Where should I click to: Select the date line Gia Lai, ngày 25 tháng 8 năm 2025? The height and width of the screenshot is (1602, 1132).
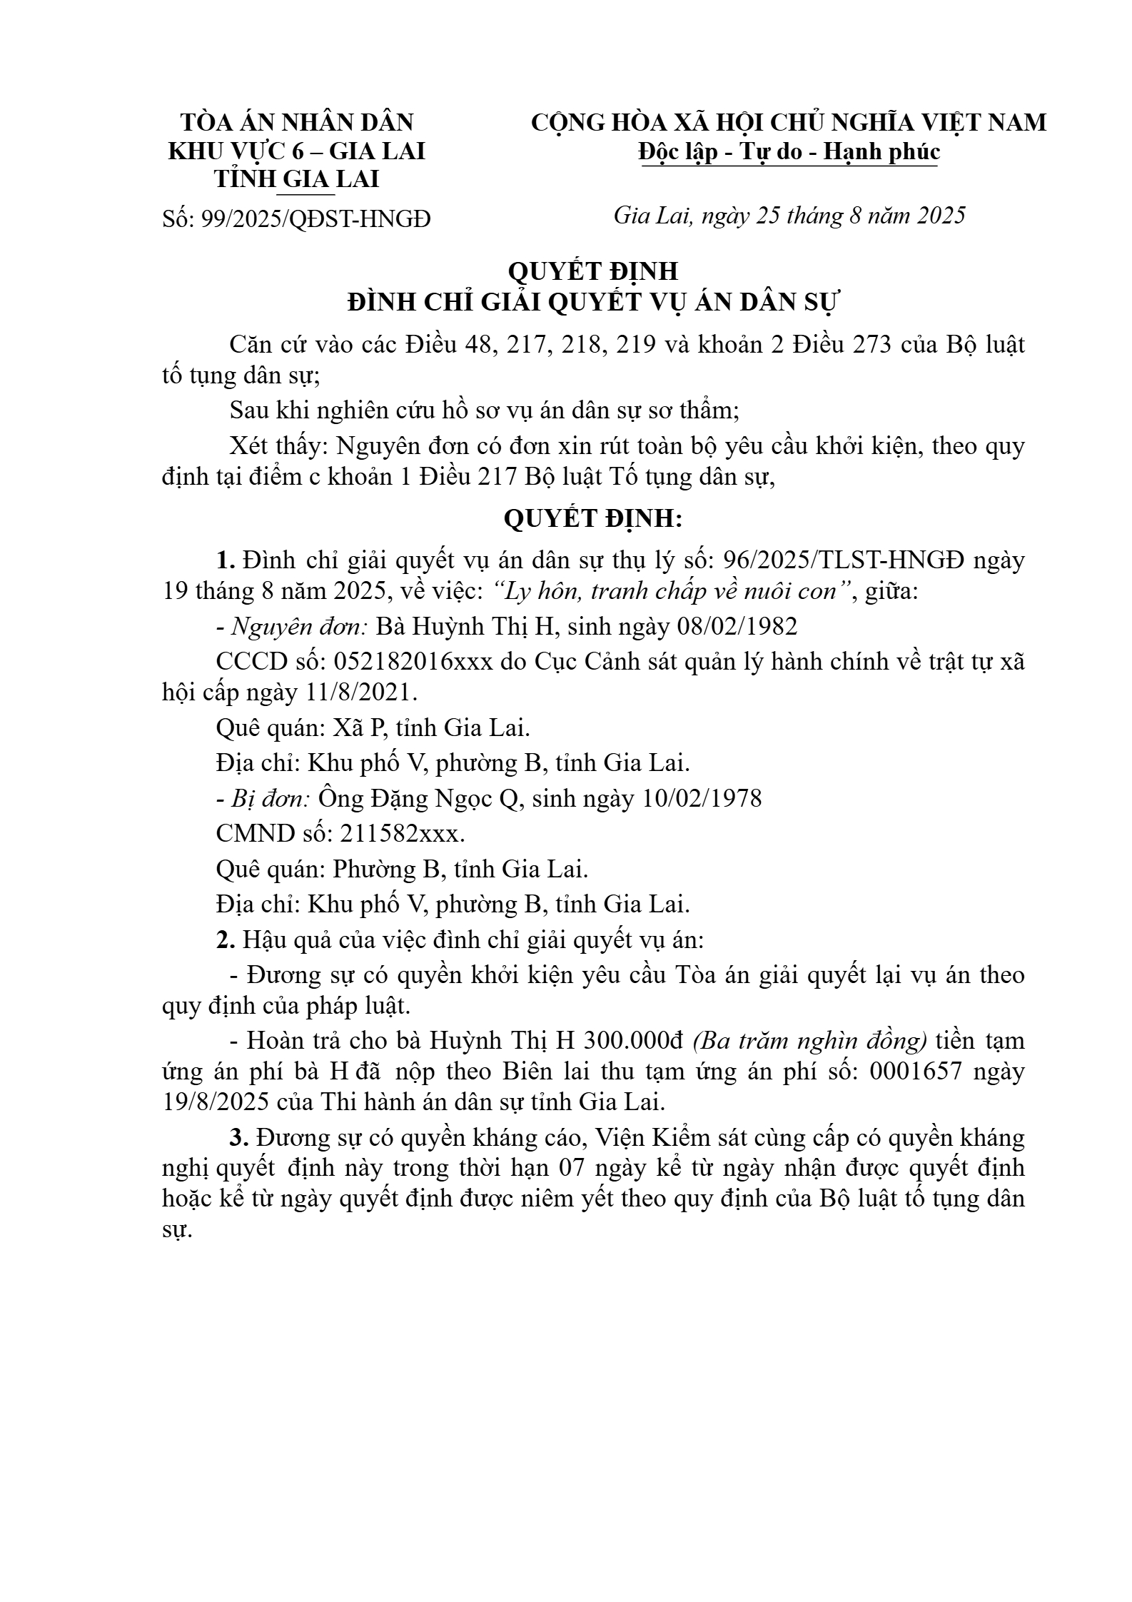(789, 215)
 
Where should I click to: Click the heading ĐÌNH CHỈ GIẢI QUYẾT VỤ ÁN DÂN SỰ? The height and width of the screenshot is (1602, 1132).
(594, 303)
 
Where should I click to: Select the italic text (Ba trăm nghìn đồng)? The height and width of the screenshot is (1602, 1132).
(809, 1041)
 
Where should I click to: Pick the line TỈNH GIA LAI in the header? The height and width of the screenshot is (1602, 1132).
(296, 179)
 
